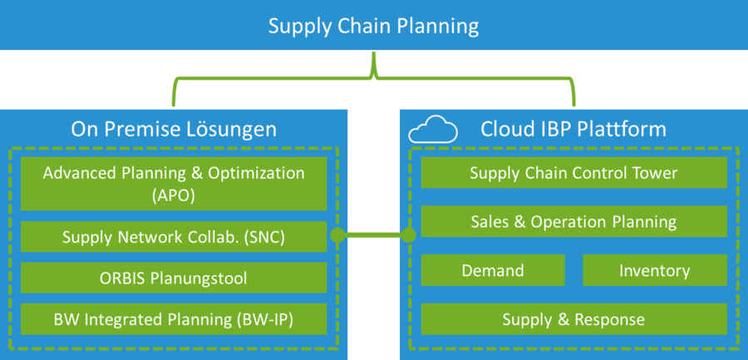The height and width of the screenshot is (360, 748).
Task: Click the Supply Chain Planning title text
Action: click(x=373, y=27)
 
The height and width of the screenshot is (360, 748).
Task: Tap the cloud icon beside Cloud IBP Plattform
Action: click(x=433, y=129)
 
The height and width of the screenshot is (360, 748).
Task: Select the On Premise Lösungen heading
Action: click(x=174, y=129)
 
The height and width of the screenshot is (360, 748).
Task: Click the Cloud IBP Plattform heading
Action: click(x=573, y=129)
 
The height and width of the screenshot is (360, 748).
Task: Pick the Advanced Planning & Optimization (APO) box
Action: click(x=174, y=184)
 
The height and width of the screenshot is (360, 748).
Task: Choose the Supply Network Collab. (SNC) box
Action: click(x=174, y=236)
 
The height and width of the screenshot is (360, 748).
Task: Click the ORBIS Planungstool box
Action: click(x=174, y=278)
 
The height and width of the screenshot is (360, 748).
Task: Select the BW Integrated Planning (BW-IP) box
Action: click(x=174, y=319)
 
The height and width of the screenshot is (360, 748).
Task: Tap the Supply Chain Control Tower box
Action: click(x=573, y=172)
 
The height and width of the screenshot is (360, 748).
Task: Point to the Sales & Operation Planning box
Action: click(x=573, y=221)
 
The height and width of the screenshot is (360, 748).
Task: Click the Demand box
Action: click(x=493, y=270)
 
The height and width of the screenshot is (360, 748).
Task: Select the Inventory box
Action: click(x=655, y=270)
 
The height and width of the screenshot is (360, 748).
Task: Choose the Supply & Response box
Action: click(x=573, y=319)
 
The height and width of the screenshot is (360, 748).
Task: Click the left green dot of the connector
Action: click(x=337, y=234)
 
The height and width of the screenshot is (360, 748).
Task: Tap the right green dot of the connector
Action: click(x=408, y=234)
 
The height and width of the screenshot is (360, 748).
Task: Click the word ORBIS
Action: click(x=122, y=278)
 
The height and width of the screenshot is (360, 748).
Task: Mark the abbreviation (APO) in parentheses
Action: click(x=174, y=196)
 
